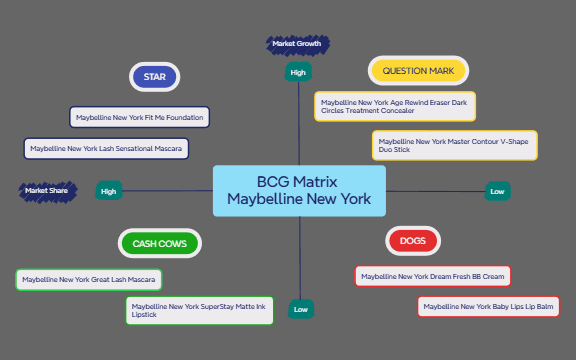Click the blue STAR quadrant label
coord(154,77)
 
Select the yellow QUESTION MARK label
coord(418,71)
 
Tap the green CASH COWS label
coord(160,243)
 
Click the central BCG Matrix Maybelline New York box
coord(299,190)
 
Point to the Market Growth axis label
coord(297,44)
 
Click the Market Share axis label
coord(48,190)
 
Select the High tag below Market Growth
coord(298,72)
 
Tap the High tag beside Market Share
coord(108,191)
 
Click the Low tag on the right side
coord(497,191)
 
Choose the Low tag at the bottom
coord(301,310)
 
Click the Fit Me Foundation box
coord(140,118)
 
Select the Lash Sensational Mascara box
coord(106,149)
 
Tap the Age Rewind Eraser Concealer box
coord(395,106)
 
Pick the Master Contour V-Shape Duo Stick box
coord(455,146)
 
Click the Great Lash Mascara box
coord(89,280)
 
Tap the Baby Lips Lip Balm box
coord(489,306)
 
